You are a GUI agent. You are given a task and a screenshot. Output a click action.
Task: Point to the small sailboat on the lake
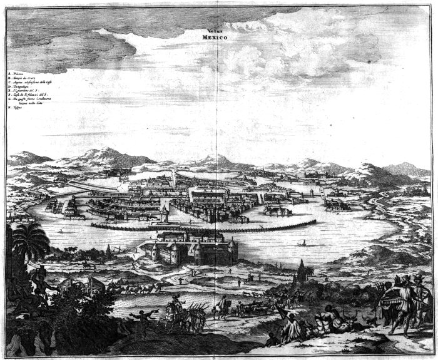(x=303, y=241)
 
